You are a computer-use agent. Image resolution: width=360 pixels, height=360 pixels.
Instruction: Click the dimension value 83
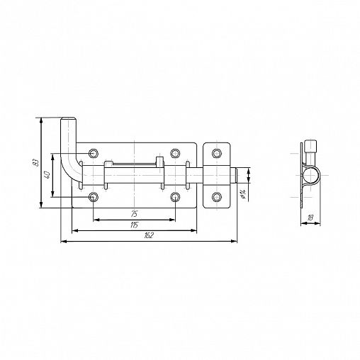(x=35, y=162)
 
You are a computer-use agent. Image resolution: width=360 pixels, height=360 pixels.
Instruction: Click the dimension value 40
(x=47, y=175)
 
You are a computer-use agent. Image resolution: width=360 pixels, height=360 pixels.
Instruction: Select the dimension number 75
(x=134, y=214)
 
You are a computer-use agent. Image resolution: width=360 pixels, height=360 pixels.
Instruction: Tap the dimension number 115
(x=134, y=225)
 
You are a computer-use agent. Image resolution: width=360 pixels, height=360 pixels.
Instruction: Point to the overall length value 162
(x=149, y=235)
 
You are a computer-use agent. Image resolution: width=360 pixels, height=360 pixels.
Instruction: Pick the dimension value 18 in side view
(x=310, y=218)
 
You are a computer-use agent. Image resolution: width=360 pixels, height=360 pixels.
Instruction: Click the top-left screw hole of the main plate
(x=94, y=153)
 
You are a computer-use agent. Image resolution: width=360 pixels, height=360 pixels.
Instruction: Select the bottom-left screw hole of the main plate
(x=94, y=197)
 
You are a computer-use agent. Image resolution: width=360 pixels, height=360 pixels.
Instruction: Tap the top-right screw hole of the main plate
(x=175, y=153)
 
